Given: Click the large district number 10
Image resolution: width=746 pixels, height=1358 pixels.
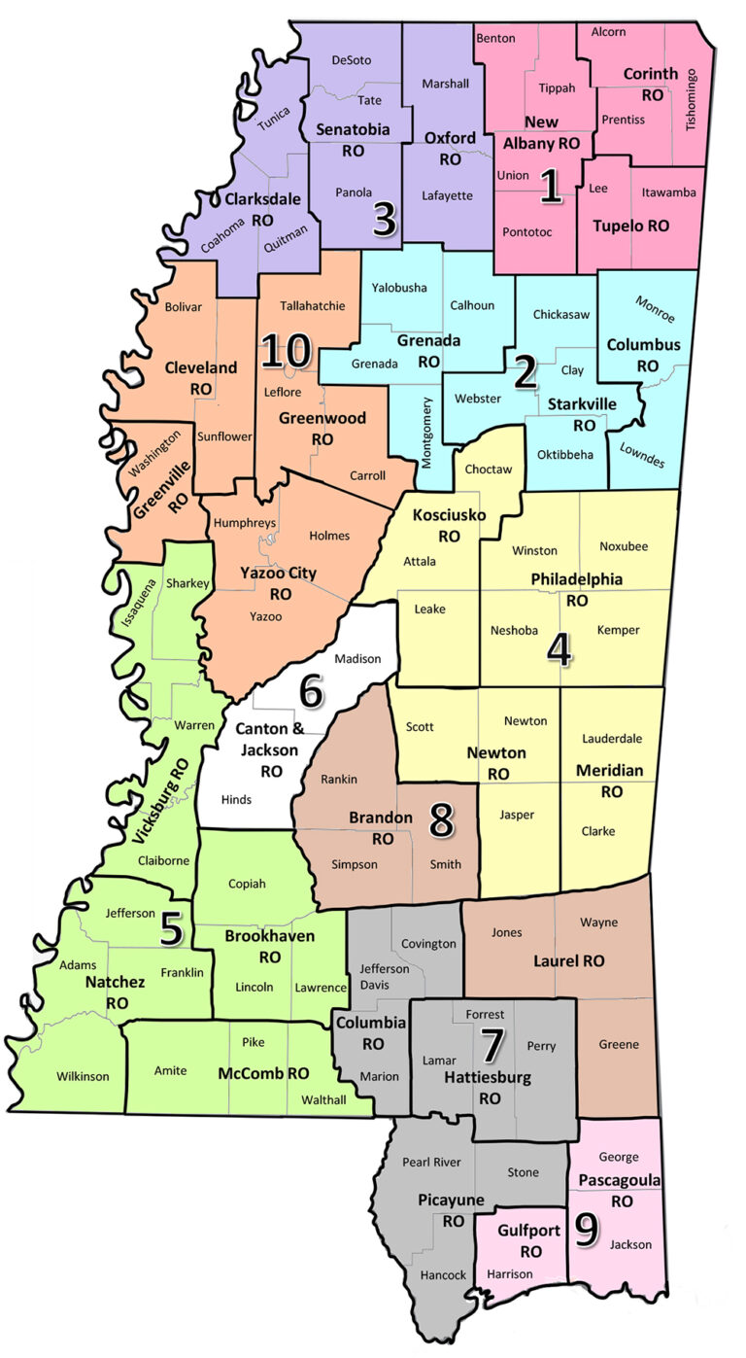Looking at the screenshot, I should point(286,351).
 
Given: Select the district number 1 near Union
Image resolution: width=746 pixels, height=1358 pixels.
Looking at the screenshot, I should point(550,188).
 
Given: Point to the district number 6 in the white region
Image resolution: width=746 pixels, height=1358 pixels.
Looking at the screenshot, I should point(310,691).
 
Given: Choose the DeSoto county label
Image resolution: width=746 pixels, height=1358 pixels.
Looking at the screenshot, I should point(351,59).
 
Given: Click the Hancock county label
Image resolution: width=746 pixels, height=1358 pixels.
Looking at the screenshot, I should point(445,1274).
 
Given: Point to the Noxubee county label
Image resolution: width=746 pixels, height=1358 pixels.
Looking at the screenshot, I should point(623,546).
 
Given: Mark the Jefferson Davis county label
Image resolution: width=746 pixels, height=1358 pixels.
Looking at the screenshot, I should point(385,976).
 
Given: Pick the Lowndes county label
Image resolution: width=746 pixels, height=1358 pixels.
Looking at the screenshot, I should point(642,455).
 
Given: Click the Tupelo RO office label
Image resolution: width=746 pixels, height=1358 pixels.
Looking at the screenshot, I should point(631,226).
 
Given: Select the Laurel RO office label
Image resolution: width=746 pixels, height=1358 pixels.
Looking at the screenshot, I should point(568,960).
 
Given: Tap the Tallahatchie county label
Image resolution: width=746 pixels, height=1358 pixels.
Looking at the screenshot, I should point(312,305).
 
